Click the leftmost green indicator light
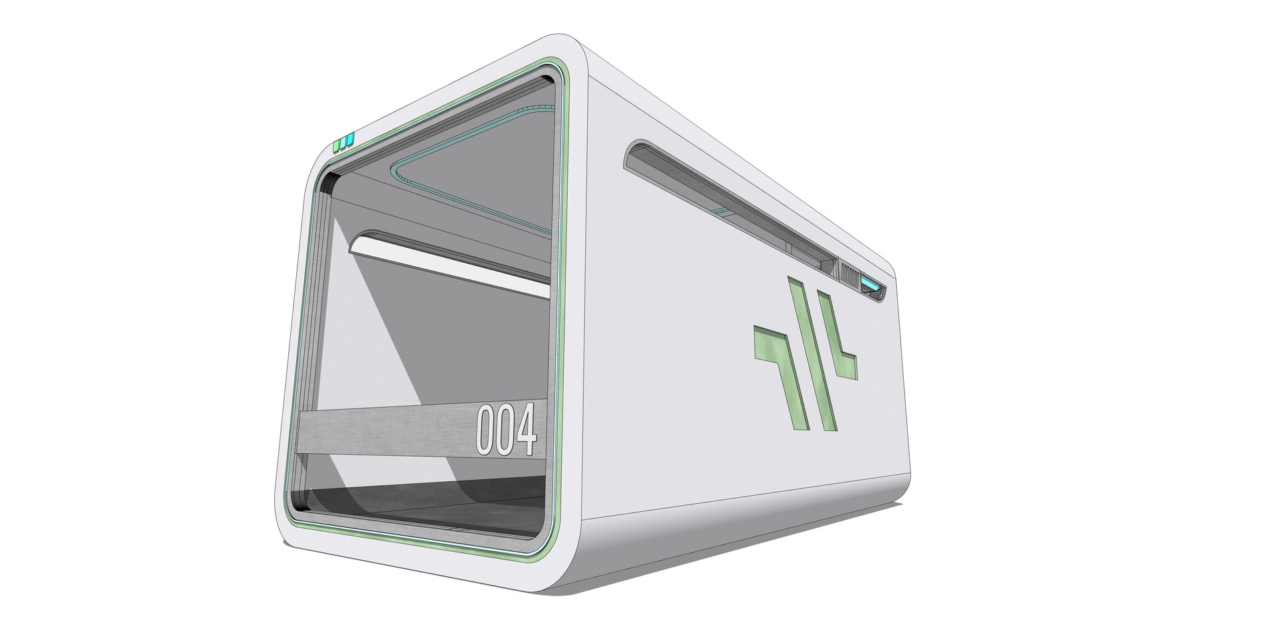tap(336, 143)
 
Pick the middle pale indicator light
tap(343, 141)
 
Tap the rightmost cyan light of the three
tap(351, 139)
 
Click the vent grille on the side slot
tap(849, 274)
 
